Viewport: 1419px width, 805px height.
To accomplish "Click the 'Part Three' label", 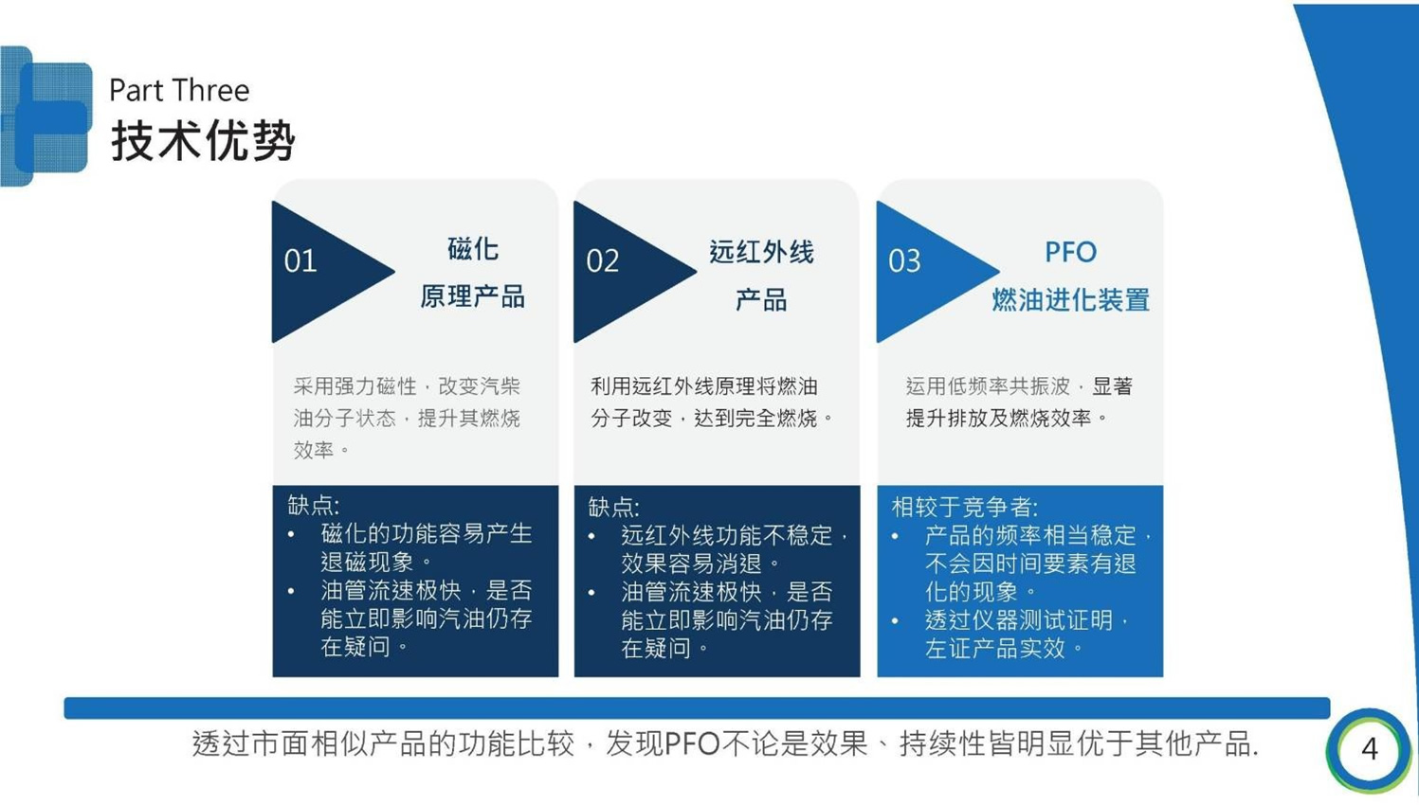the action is coord(179,90).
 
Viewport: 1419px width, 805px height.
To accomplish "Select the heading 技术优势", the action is coord(203,140).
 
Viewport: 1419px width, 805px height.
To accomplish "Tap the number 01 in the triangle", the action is coord(300,260).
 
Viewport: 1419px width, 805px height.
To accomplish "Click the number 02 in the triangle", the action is coord(603,260).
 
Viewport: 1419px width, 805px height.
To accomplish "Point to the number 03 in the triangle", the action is coord(904,260).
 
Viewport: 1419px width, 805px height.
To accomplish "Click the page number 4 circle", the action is coord(1369,749).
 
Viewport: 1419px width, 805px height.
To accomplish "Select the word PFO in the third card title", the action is coord(1070,252).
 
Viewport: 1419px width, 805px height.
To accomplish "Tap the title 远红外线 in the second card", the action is coord(761,252).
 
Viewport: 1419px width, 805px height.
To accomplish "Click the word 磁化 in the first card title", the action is coord(473,248).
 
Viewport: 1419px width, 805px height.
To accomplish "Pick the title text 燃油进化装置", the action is coord(1070,299).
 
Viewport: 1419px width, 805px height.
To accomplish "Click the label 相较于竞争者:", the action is coord(964,507).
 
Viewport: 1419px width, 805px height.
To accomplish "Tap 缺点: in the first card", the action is coord(313,505).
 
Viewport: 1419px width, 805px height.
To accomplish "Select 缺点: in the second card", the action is coord(613,507).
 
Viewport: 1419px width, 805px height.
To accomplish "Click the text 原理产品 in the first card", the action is coord(473,296).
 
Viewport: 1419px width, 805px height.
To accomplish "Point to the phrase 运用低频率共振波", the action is coord(988,385).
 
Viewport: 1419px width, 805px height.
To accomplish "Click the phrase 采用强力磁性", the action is coord(355,385).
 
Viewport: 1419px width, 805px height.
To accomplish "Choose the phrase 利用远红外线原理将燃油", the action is coord(703,385).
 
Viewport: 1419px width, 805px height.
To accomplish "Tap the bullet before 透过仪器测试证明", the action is coord(895,621).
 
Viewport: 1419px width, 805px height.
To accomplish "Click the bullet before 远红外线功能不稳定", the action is coord(591,536).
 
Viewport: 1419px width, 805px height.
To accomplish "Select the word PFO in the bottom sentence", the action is coord(692,743).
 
